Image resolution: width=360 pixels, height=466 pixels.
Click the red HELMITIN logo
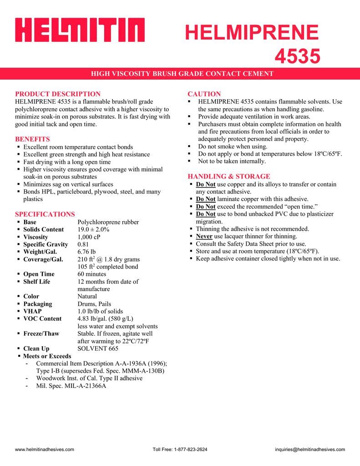click(x=80, y=30)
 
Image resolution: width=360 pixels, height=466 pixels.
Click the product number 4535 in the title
click(x=298, y=57)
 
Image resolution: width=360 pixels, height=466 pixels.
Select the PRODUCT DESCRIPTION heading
click(x=58, y=94)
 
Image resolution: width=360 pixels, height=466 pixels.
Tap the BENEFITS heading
click(x=32, y=139)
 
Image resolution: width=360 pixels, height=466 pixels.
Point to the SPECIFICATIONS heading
click(x=45, y=214)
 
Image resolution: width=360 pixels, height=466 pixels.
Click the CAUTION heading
click(x=204, y=94)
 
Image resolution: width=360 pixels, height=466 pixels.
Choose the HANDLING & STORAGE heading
click(x=229, y=176)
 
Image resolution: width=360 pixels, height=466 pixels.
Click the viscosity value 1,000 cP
click(x=89, y=237)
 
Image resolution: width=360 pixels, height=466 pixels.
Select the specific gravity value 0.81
click(x=84, y=244)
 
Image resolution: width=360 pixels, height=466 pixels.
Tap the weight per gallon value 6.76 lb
click(x=86, y=252)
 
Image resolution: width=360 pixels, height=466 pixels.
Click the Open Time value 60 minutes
click(x=91, y=274)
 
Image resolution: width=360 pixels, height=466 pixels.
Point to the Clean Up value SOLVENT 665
click(x=98, y=349)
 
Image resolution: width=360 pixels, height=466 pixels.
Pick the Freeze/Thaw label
click(x=41, y=334)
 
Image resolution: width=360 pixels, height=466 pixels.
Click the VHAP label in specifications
click(x=32, y=311)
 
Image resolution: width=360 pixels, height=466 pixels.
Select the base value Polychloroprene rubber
click(x=108, y=222)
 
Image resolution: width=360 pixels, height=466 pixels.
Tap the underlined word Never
click(x=204, y=236)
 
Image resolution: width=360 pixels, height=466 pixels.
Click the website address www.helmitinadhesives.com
click(x=45, y=450)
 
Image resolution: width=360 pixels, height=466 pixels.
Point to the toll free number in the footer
click(x=180, y=450)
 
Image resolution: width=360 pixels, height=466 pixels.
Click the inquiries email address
click(x=310, y=450)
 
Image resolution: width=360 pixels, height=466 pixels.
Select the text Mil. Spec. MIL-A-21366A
click(x=71, y=386)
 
